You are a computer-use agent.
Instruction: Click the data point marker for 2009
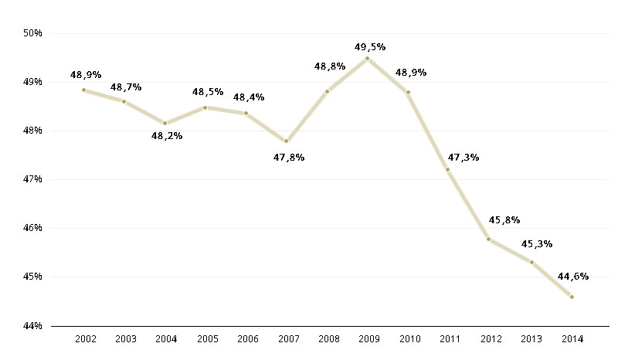tap(367, 58)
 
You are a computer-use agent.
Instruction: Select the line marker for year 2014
tap(572, 297)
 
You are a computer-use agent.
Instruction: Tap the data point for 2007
tap(286, 141)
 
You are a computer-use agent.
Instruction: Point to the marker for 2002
tap(83, 90)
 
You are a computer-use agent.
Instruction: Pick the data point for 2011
tap(447, 169)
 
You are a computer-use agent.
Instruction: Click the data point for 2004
tap(165, 123)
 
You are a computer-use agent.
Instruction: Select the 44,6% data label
tap(572, 277)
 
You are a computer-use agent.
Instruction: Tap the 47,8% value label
tap(289, 158)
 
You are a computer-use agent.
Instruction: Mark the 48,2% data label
tap(167, 136)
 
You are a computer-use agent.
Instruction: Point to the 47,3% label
tap(463, 158)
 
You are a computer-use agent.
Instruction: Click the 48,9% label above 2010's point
tap(411, 73)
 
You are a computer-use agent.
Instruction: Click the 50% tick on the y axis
tap(32, 33)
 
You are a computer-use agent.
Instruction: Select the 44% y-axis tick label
tap(32, 326)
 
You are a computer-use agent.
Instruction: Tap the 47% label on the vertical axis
tap(32, 179)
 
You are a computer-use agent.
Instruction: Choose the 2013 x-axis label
tap(531, 340)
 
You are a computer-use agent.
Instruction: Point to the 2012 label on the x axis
tap(490, 340)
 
